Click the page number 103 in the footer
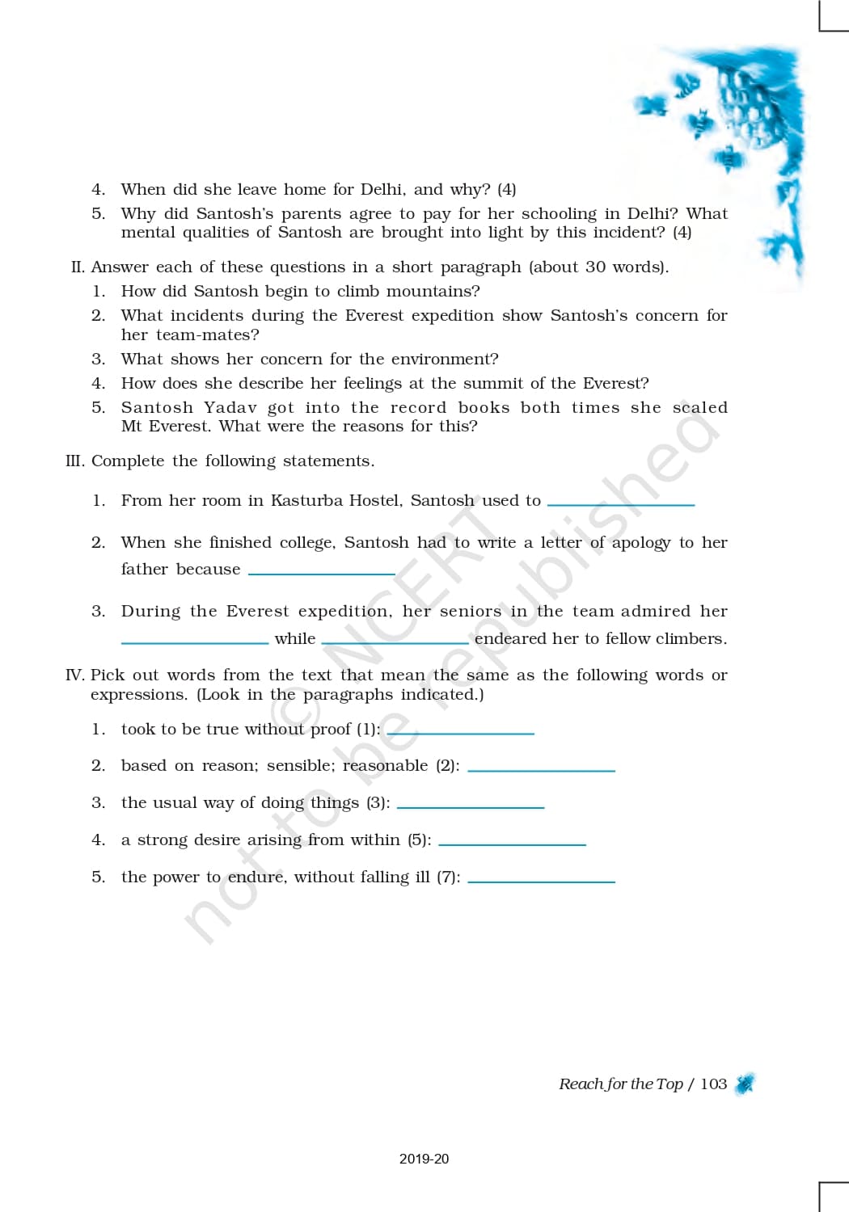point(713,1084)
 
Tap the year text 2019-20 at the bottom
point(424,1159)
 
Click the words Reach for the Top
point(620,1084)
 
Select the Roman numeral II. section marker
point(78,267)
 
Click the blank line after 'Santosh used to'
point(621,503)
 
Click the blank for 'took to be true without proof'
point(460,732)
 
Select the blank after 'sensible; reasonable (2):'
point(541,769)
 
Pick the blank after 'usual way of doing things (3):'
point(471,806)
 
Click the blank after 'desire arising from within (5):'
point(512,844)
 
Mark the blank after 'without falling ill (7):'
point(541,880)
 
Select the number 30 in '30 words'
point(595,267)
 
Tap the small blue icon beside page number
point(745,1084)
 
